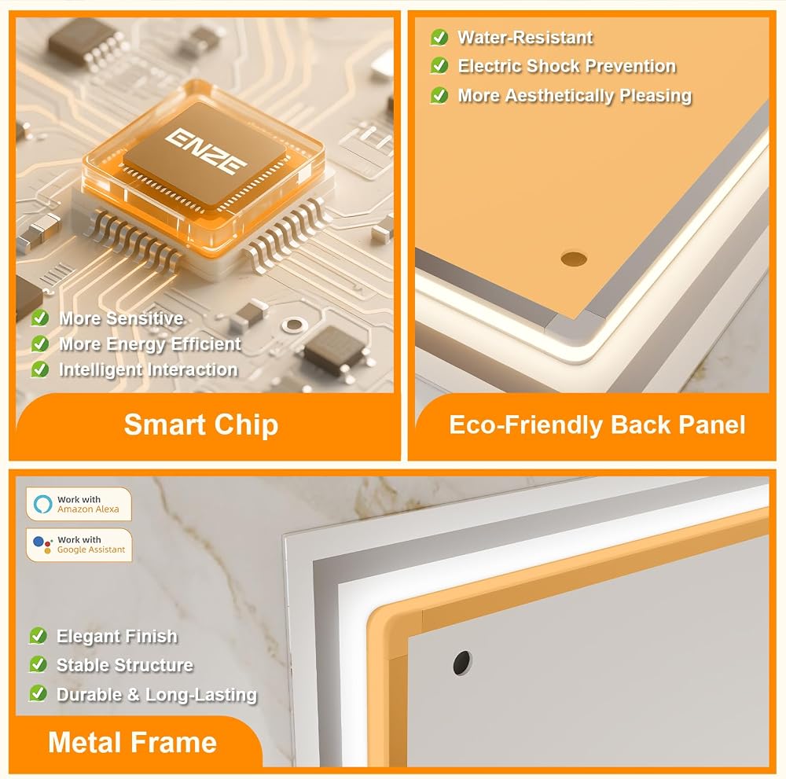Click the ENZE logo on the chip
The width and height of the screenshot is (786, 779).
coord(206,151)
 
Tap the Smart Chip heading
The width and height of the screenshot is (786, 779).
coord(201,424)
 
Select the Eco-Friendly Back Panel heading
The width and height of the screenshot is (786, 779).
coord(597,424)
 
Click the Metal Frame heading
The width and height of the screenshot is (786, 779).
coord(132,742)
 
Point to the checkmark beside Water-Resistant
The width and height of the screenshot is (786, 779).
coord(439,37)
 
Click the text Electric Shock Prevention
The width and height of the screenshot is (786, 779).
coord(567,66)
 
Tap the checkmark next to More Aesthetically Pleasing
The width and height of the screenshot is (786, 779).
coord(439,95)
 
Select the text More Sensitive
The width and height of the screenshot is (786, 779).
coord(121,318)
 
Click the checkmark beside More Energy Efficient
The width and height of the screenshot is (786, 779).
coord(40,344)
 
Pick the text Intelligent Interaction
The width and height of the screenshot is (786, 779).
coord(149,369)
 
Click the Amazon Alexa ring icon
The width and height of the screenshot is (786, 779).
coord(42,503)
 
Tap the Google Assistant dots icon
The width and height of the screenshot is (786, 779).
coord(43,545)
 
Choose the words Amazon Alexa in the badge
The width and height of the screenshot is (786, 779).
coord(88,509)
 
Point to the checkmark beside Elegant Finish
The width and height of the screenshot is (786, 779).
coord(38,635)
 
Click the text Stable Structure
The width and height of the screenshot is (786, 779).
coord(125,665)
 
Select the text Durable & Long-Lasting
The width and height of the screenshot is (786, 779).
coord(157,694)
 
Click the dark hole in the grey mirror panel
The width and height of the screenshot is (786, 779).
coord(461,663)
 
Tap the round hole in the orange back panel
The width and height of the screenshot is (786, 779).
coord(574,259)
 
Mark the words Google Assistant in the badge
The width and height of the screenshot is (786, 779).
coord(91,549)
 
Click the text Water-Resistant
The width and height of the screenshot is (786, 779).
coord(525,37)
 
